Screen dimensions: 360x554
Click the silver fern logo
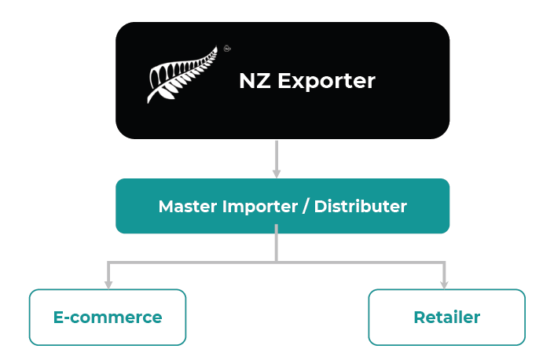pyautogui.click(x=182, y=75)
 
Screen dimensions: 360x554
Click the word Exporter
pyautogui.click(x=328, y=81)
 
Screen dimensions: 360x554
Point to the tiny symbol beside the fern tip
pyautogui.click(x=227, y=47)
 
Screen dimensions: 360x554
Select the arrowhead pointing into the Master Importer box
pyautogui.click(x=277, y=172)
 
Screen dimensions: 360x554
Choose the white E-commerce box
pyautogui.click(x=108, y=317)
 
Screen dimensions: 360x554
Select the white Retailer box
pyautogui.click(x=446, y=317)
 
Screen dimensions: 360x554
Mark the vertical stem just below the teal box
pyautogui.click(x=277, y=244)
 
